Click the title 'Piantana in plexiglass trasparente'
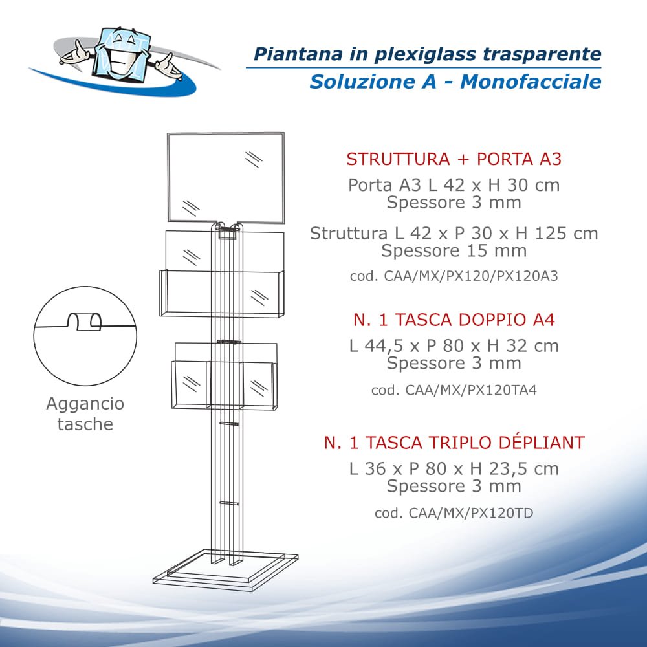coord(427,54)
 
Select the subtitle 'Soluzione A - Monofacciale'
coord(455,82)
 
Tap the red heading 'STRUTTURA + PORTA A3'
coord(454,159)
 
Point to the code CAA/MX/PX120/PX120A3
coord(454,276)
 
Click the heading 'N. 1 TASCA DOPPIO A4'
coord(454,320)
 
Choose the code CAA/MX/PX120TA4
coord(454,390)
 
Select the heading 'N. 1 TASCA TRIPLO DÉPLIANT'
coord(454,443)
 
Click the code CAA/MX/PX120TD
coord(454,513)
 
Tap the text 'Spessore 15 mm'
coord(454,250)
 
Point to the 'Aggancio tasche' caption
coord(85,414)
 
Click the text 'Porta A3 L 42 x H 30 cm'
coord(454,185)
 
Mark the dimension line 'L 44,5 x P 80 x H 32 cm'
coord(454,345)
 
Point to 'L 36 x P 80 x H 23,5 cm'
coord(454,468)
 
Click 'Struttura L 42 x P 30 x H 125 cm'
coord(454,233)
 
